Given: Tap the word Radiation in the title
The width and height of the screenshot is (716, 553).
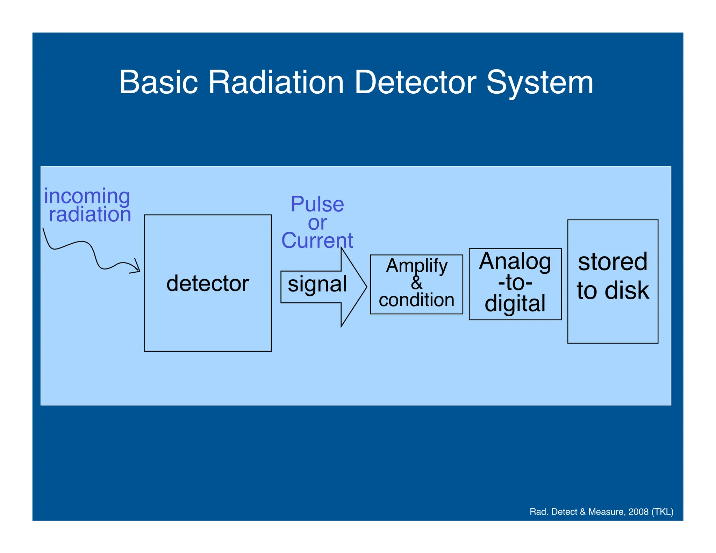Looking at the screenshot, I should click(x=276, y=82).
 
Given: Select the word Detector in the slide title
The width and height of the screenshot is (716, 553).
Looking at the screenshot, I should click(x=415, y=82).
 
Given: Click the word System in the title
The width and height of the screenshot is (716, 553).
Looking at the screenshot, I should click(x=540, y=82).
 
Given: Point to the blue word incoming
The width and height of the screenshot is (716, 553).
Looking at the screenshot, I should click(x=87, y=196).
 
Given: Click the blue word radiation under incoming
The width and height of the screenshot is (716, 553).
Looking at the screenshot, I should click(x=90, y=214).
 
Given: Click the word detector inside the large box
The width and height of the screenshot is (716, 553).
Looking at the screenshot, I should click(x=208, y=283).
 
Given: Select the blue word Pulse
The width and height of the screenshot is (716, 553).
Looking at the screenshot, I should click(x=317, y=204).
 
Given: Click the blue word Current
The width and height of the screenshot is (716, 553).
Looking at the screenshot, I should click(x=317, y=240).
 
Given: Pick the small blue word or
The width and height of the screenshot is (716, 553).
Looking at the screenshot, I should click(x=317, y=223).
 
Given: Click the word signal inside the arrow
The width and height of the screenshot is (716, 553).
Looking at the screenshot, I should click(x=317, y=284).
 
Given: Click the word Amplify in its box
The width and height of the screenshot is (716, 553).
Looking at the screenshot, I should click(x=416, y=266).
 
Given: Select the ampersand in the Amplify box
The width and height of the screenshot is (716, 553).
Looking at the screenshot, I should click(x=416, y=282).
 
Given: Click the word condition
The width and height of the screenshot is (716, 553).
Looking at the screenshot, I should click(x=416, y=300).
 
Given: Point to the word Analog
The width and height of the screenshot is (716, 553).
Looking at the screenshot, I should click(x=515, y=261).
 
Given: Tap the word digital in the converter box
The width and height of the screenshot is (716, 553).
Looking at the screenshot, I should click(x=515, y=303).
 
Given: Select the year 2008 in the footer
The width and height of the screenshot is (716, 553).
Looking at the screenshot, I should click(x=638, y=512).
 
